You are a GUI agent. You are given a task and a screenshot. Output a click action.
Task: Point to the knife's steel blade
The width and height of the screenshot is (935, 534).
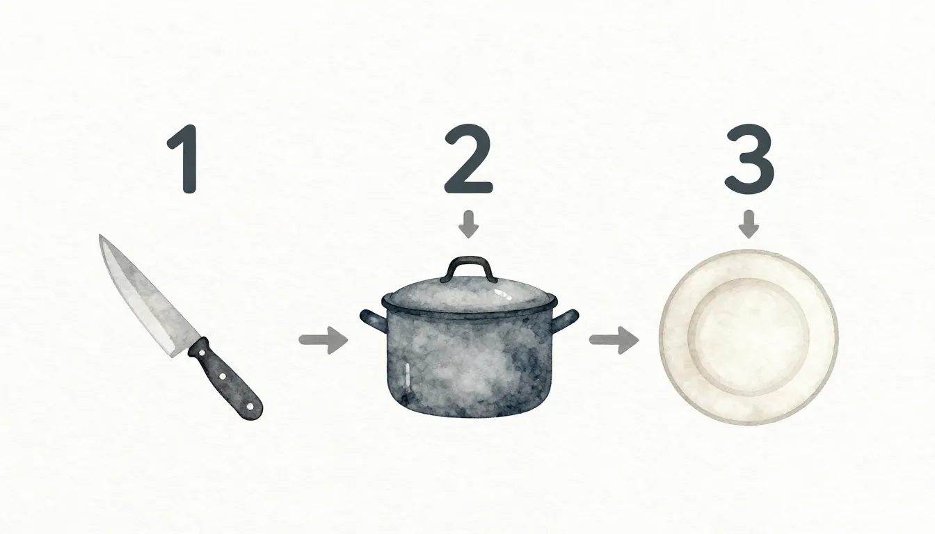143,296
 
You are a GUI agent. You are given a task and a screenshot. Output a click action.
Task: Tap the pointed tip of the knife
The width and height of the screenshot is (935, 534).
102,238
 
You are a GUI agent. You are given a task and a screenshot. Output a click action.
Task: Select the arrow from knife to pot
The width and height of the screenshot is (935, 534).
323,341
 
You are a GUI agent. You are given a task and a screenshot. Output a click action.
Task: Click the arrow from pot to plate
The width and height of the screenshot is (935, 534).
614,340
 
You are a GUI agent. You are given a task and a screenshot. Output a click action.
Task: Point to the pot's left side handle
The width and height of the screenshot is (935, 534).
371,319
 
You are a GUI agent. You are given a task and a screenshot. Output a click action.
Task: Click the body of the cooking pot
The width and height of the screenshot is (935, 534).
470,365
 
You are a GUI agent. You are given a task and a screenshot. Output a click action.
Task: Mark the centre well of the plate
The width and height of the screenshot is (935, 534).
749,337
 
